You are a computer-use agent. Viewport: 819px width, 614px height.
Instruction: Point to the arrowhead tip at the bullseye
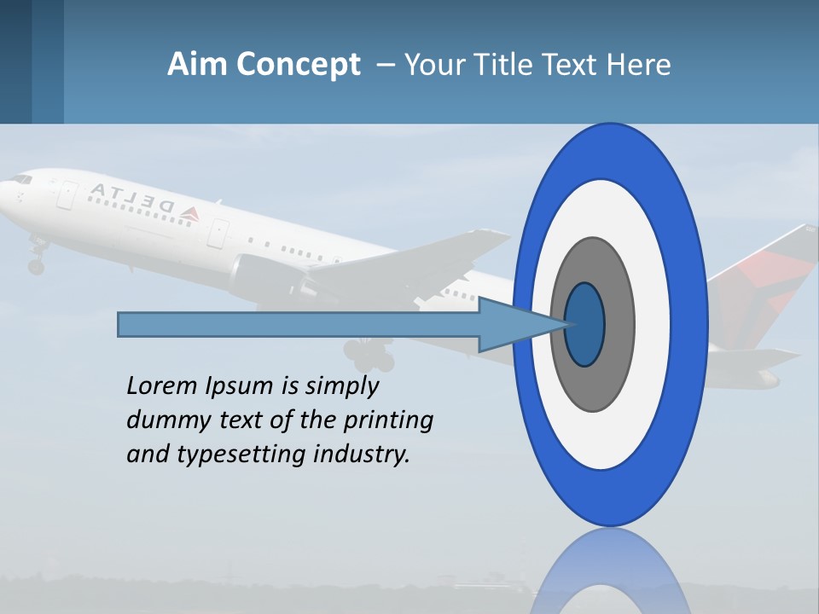click(568, 324)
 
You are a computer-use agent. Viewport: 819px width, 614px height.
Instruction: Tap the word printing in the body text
click(387, 420)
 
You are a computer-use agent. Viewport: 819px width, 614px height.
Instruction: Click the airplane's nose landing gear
click(36, 260)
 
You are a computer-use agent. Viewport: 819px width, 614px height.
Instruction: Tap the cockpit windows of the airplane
click(20, 179)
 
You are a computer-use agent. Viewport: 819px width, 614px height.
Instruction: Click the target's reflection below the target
click(610, 571)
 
